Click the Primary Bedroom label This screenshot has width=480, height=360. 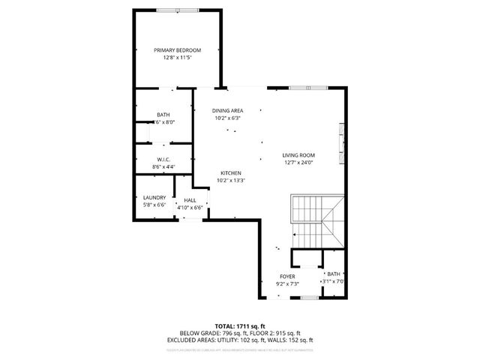tap(178, 49)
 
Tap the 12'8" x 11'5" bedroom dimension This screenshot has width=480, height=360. tap(178, 57)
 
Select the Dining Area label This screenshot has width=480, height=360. tap(227, 110)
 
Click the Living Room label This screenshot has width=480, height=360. tap(298, 155)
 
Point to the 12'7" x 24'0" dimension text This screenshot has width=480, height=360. tap(298, 163)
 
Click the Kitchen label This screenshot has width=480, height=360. tap(230, 172)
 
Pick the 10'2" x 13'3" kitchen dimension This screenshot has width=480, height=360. tap(230, 180)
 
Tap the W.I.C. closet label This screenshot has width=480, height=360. tap(163, 158)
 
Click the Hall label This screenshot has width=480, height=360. tap(190, 200)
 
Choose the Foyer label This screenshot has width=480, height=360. tap(288, 277)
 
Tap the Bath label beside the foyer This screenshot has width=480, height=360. tap(333, 274)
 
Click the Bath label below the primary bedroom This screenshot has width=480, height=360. tap(163, 115)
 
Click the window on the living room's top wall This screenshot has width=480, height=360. tap(302, 88)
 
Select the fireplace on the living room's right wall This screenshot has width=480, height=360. tap(343, 142)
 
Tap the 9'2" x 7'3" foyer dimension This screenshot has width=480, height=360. tap(288, 284)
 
